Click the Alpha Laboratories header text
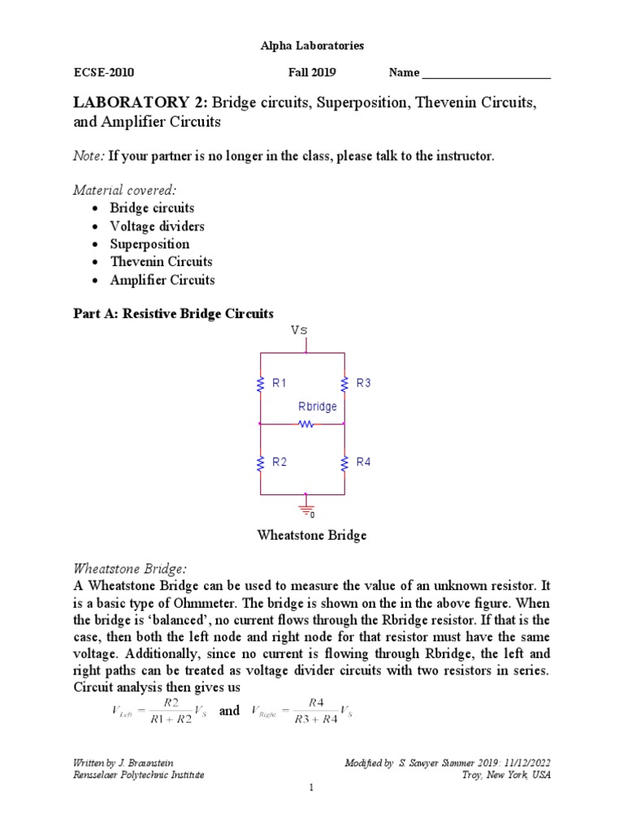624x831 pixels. coord(312,46)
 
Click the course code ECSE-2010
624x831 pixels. coord(102,72)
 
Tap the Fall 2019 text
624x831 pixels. coord(312,72)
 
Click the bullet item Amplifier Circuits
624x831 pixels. coord(162,280)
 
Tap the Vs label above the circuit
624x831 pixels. coord(299,330)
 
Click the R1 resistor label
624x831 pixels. coord(279,383)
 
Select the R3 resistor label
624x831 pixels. coord(363,383)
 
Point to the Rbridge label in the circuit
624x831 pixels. coord(318,407)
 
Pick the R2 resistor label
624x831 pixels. coord(279,462)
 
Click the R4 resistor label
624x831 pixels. coord(363,462)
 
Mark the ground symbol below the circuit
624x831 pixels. coord(305,509)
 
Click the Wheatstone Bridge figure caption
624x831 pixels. coord(312,536)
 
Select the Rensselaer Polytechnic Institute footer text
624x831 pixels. coord(138,775)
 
